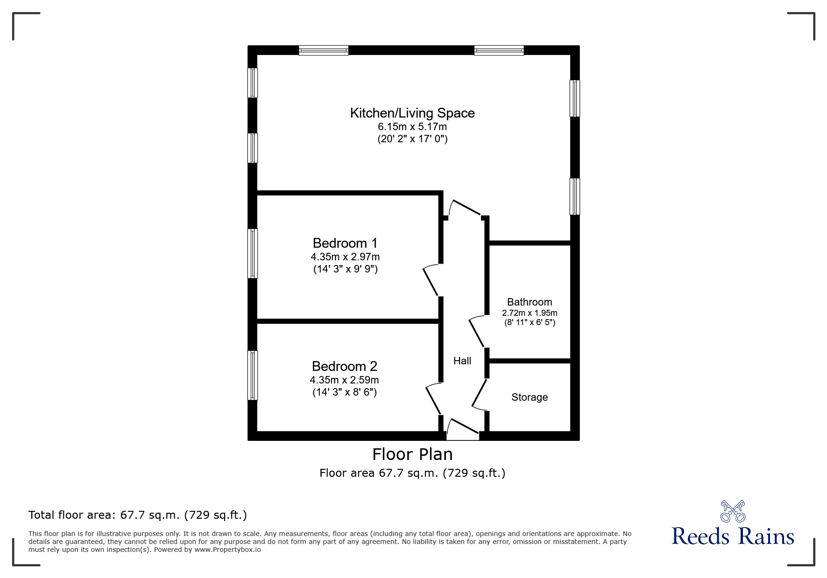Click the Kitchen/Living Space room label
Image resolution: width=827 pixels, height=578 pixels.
click(412, 113)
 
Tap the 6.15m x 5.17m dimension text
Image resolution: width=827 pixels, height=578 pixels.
click(412, 126)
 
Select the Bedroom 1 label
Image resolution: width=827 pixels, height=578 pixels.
click(345, 243)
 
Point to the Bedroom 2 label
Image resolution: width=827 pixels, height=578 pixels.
click(345, 366)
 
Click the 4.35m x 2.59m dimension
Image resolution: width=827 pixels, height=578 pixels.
click(345, 380)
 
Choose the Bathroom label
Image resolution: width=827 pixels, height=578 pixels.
click(530, 302)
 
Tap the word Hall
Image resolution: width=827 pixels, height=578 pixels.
click(462, 361)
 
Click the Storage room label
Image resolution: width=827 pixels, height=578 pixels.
click(530, 397)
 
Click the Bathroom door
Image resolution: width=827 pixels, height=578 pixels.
click(477, 331)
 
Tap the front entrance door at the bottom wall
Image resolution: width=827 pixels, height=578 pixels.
click(463, 429)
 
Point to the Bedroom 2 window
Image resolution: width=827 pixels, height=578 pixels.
click(252, 375)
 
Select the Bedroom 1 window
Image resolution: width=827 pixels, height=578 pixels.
click(252, 253)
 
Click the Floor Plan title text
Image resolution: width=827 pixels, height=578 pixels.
click(412, 454)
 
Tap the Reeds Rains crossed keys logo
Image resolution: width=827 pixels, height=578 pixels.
click(733, 511)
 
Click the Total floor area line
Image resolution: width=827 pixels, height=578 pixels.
click(138, 515)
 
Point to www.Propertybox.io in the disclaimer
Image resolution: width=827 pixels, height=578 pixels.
click(227, 550)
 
